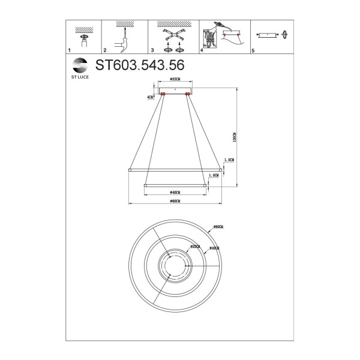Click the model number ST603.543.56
coord(139,65)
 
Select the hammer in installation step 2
coord(125,43)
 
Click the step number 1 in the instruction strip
coord(70,52)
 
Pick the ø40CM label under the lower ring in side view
coord(175,192)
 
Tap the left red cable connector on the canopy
coord(163,94)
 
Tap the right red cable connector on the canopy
coord(187,94)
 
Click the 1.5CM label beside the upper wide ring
coord(228,160)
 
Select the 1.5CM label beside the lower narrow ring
coord(212,175)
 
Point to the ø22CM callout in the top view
coord(195,246)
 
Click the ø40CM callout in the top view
coord(213,248)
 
